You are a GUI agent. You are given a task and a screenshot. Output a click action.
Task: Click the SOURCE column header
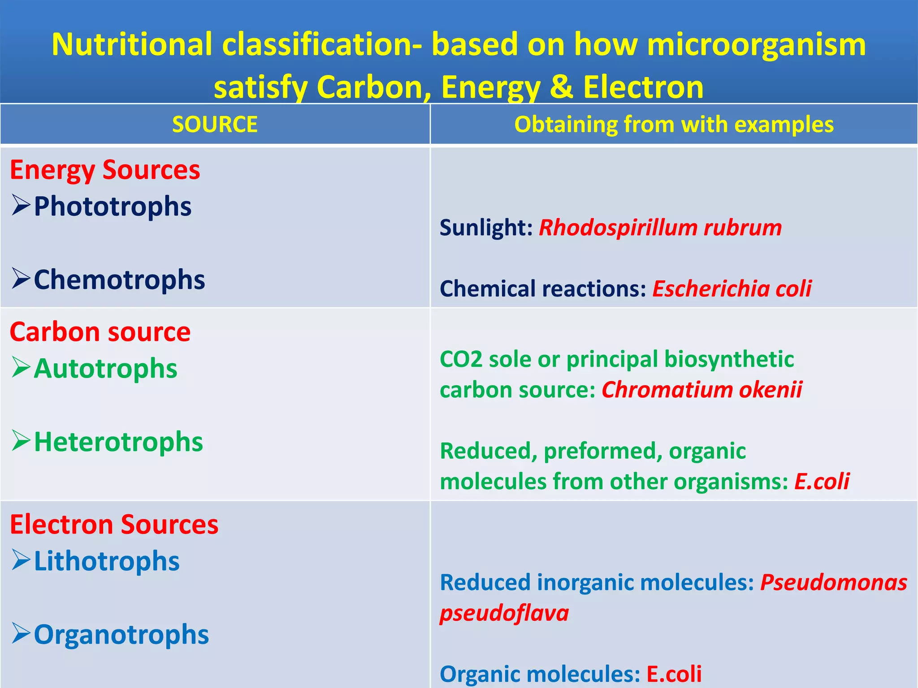tap(215, 124)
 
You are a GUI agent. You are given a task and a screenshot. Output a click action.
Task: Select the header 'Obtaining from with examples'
tap(674, 124)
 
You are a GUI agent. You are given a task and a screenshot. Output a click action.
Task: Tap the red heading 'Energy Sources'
tap(105, 170)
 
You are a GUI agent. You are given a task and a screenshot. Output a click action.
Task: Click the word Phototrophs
tap(113, 206)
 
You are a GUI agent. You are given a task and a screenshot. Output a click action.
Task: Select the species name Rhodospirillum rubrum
tap(660, 228)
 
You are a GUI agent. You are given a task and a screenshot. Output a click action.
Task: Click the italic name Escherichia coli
tap(732, 288)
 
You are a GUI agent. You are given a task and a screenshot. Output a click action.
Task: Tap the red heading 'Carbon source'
tap(100, 332)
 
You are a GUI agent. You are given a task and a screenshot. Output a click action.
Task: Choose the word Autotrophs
tap(105, 369)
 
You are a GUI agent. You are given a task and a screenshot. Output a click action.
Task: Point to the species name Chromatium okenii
tap(701, 390)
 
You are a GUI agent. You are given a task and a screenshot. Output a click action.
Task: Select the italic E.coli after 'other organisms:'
tap(822, 482)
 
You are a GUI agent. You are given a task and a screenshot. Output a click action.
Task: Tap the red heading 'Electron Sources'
tap(114, 525)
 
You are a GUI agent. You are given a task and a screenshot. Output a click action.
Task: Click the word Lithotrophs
tap(107, 561)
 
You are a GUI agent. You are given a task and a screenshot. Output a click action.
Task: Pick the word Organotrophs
tap(121, 635)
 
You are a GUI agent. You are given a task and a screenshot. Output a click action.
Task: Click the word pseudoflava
tap(504, 613)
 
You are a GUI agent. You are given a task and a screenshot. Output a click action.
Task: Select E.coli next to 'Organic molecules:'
tap(674, 674)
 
